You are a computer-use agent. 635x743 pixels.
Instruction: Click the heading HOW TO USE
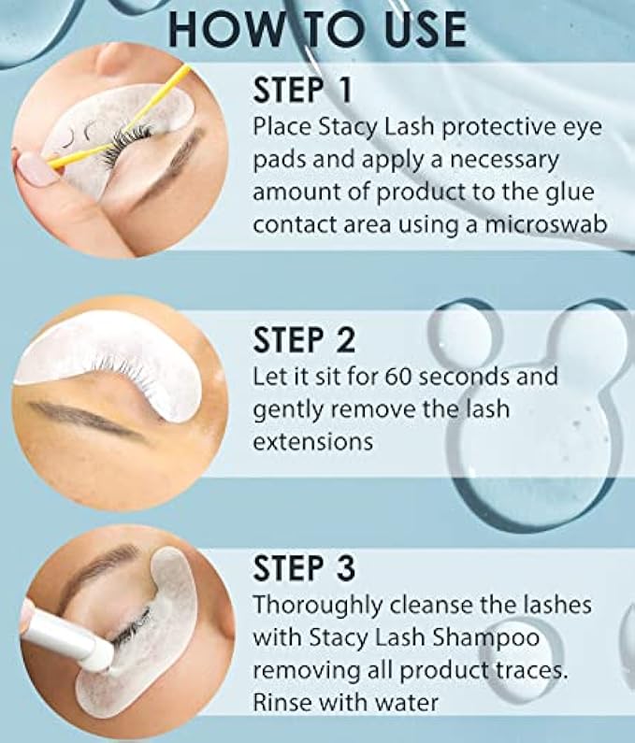[317, 29]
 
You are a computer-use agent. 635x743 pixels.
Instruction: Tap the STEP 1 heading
[303, 90]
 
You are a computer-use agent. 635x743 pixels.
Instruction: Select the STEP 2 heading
[304, 339]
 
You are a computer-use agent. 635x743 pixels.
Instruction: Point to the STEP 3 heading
[304, 567]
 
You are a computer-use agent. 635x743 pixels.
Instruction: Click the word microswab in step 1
[545, 224]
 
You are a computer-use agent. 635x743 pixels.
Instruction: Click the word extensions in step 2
[313, 442]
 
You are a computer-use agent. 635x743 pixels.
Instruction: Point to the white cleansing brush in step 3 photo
[71, 636]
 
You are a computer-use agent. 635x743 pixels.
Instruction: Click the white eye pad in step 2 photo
[114, 360]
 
